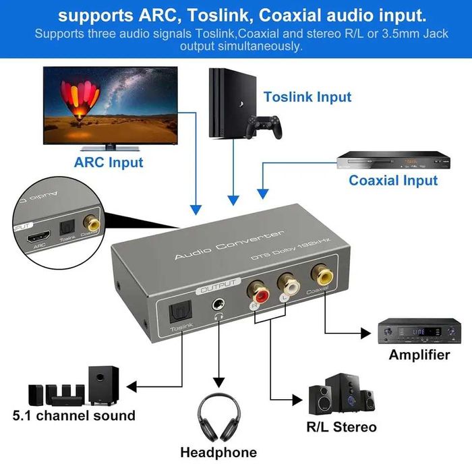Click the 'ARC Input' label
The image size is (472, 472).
109,162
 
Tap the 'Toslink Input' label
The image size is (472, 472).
307,97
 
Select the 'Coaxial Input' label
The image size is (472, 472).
393,180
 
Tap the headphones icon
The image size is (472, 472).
218,418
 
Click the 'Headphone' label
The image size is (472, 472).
218,452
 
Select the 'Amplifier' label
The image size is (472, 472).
419,355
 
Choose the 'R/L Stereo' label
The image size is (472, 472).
342,427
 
